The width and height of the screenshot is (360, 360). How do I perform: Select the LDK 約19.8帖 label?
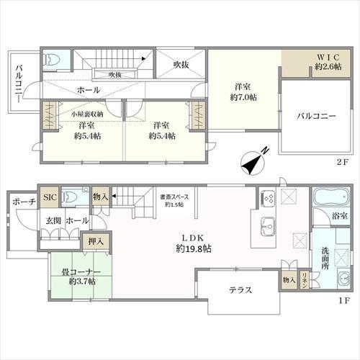pyautogui.click(x=192, y=244)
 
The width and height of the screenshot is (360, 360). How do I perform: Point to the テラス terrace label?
pyautogui.click(x=240, y=290)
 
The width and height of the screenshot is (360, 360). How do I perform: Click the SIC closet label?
pyautogui.click(x=49, y=197)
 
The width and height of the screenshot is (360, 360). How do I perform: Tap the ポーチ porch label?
pyautogui.click(x=23, y=203)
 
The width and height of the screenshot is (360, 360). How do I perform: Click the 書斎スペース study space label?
pyautogui.click(x=171, y=199)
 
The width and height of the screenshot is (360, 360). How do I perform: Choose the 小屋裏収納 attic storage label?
pyautogui.click(x=86, y=113)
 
